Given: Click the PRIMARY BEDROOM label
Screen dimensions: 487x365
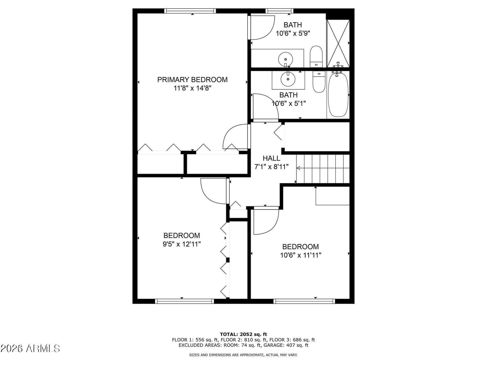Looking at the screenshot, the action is click(x=192, y=80).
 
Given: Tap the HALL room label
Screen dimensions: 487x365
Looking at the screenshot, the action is click(x=271, y=158).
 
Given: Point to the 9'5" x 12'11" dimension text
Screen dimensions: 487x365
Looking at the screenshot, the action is click(x=182, y=244).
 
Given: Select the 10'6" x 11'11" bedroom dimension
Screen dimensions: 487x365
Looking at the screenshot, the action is click(x=301, y=255).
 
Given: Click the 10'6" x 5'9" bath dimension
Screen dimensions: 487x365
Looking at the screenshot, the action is click(x=293, y=33).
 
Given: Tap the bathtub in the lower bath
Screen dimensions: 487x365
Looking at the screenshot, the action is click(x=338, y=95).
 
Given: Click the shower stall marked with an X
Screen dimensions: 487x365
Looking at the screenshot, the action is click(x=338, y=43).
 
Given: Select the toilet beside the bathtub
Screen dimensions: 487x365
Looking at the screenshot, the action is click(x=319, y=82).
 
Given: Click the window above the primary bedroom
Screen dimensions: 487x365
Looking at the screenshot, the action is click(x=190, y=11).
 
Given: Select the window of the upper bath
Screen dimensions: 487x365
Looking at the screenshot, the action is click(x=279, y=11).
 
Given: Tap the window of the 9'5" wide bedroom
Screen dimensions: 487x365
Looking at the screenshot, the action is click(x=184, y=301).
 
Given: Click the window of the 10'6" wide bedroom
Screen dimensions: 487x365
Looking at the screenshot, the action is click(x=304, y=301).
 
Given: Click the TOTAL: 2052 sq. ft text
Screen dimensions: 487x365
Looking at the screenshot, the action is click(x=243, y=334).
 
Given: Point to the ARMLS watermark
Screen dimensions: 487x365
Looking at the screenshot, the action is click(x=30, y=349).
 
